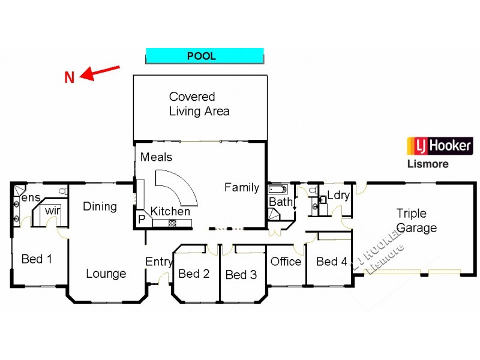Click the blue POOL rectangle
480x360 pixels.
[x=205, y=56]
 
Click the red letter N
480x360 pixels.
[x=70, y=77]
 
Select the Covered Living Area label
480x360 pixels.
[x=199, y=104]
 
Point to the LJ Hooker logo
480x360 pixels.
[x=440, y=146]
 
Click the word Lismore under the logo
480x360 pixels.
[x=427, y=164]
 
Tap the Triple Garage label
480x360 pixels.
[x=416, y=221]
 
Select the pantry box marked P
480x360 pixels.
[x=142, y=220]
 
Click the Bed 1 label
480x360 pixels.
[x=37, y=259]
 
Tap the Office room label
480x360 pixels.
[x=286, y=262]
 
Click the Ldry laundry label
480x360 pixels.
[x=338, y=196]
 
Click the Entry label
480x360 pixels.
[x=159, y=262]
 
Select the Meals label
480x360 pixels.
[x=156, y=157]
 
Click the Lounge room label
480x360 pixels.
[x=106, y=274]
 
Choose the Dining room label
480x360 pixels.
[x=100, y=206]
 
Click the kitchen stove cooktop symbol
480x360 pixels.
[x=173, y=223]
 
